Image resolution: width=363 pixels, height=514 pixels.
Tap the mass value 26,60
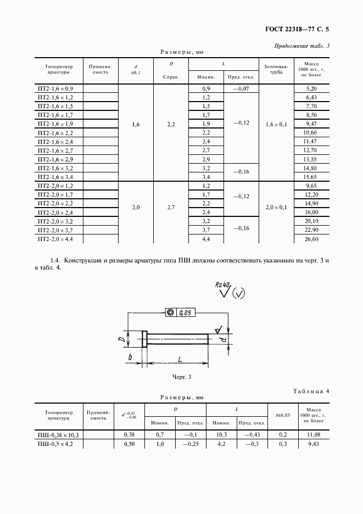[x=310, y=239]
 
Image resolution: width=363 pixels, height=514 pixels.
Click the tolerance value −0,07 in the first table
[x=241, y=88]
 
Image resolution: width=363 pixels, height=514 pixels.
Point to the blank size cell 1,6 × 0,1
[x=276, y=125]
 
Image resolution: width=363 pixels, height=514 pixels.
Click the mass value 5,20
[x=310, y=88]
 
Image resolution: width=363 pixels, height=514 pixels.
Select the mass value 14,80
[x=310, y=168]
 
